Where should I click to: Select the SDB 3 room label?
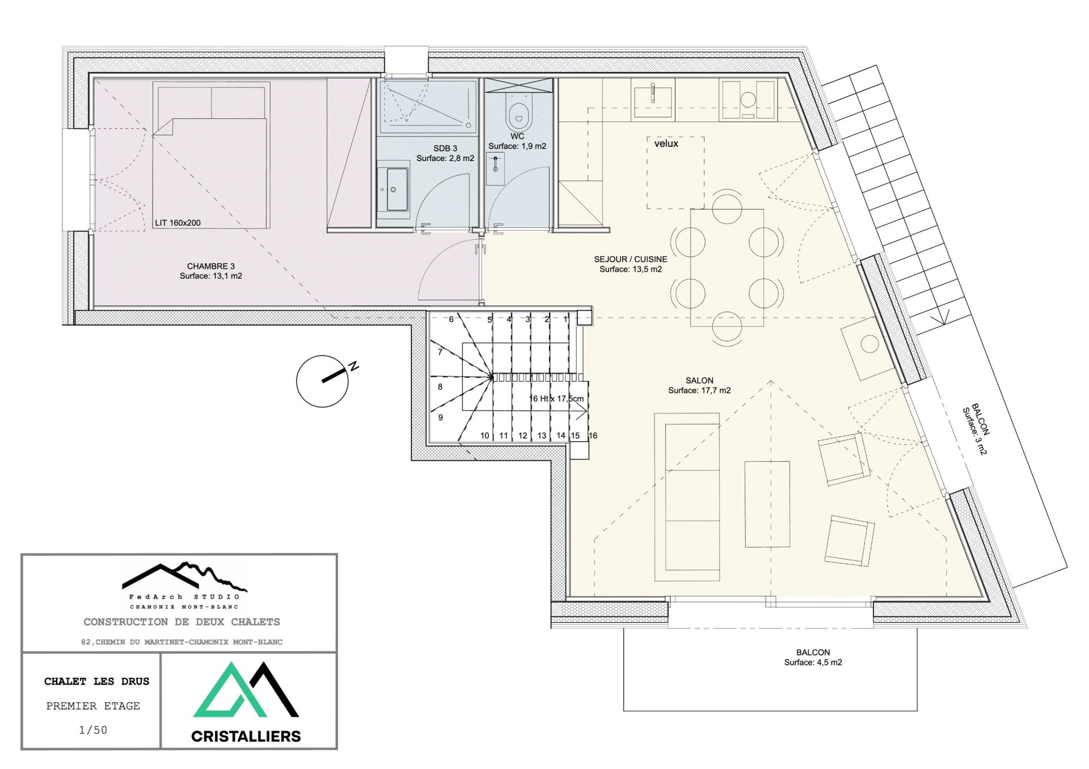[445, 149]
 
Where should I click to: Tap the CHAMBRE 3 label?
[211, 266]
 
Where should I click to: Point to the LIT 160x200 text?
[178, 223]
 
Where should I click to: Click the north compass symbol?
[323, 381]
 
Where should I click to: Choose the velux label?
[666, 144]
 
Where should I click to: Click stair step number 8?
[440, 387]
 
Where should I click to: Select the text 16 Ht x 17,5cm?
[556, 399]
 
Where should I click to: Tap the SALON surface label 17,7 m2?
[699, 390]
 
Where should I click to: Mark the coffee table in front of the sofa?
[767, 504]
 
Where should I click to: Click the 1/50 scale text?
[93, 730]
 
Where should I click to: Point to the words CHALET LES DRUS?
[96, 682]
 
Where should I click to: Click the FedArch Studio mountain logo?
[184, 577]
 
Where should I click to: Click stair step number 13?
[542, 436]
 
